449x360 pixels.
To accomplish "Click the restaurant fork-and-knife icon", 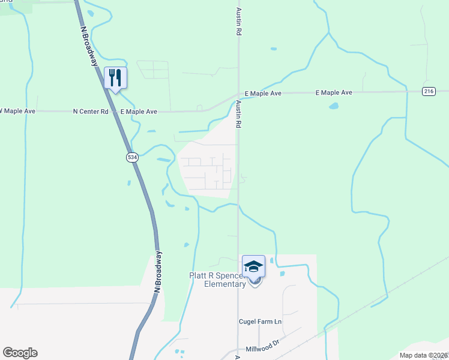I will pos(116,77).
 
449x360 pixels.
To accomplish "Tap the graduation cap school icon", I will pos(253,266).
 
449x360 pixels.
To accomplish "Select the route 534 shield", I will pos(131,157).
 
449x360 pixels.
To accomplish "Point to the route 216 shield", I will pos(428,91).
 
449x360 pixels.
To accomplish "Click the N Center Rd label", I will pos(91,112).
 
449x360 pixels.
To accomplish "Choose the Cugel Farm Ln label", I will pos(261,322).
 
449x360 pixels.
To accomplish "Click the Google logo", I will pos(20,353).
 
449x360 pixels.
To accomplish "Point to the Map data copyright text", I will pos(424,355).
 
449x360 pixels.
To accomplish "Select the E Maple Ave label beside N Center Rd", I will pos(139,112).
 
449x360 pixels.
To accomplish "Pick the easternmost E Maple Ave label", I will pos(334,93).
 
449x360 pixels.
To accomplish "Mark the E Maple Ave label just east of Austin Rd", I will pos(263,94).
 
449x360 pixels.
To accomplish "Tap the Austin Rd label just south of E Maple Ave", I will pos(238,114).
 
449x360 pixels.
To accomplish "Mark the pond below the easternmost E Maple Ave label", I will pos(333,107).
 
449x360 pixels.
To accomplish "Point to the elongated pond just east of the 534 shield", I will pos(163,160).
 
